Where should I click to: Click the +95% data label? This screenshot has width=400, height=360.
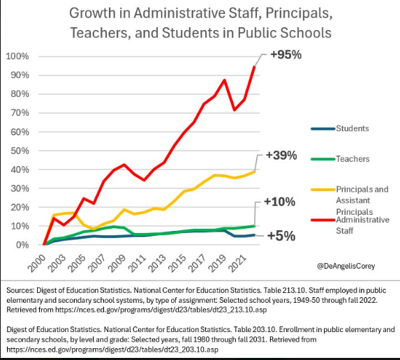[x=286, y=55]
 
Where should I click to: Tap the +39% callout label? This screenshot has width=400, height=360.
[x=281, y=156]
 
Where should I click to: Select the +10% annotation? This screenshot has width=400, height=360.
[x=280, y=202]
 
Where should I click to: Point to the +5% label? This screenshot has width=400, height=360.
[x=281, y=236]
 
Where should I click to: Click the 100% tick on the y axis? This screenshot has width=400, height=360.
[x=17, y=57]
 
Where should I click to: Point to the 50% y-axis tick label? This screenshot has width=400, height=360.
[x=20, y=151]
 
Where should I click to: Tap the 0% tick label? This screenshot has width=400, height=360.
[x=22, y=245]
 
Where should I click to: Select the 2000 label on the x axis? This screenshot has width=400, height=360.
[x=37, y=263]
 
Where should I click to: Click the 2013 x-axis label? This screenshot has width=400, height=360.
[x=157, y=263]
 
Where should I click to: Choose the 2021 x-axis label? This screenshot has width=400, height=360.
[x=237, y=263]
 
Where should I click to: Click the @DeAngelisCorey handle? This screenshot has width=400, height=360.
[x=346, y=267]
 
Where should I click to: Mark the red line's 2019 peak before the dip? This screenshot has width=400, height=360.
[x=224, y=80]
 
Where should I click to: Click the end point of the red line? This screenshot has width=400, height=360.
[x=254, y=66]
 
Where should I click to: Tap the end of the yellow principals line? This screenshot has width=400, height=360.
[x=254, y=172]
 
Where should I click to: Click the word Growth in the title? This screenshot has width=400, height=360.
[x=92, y=13]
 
